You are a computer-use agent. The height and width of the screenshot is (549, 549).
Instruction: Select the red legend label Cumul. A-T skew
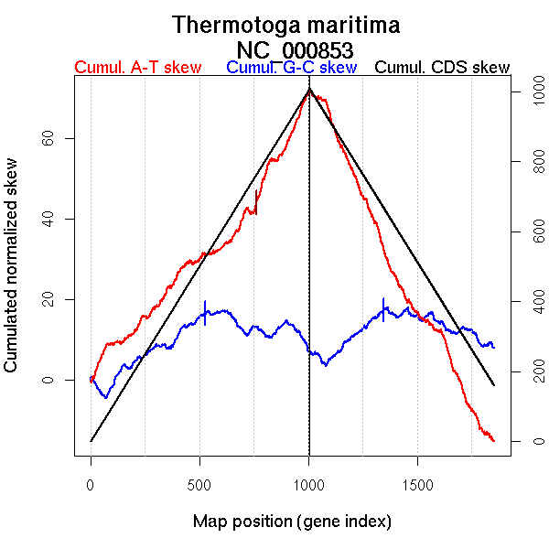[137, 68]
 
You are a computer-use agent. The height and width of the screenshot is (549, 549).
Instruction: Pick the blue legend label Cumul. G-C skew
[291, 68]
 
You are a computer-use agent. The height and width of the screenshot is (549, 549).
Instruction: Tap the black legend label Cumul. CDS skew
[443, 68]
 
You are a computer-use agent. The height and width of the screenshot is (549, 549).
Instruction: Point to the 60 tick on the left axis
[46, 138]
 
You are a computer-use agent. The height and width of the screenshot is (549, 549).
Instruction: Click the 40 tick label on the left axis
[46, 219]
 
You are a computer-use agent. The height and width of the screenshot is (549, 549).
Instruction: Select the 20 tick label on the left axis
[46, 299]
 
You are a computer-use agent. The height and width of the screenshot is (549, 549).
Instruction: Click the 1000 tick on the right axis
[529, 92]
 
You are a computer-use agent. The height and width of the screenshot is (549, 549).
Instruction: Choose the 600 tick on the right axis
[529, 232]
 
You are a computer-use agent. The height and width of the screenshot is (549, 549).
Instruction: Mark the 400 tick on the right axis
[529, 302]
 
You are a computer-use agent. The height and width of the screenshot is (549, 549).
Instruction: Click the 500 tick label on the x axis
[199, 482]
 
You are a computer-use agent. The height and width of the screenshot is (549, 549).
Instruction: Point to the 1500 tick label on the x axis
[417, 482]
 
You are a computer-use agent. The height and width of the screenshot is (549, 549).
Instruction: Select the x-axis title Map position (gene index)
[292, 522]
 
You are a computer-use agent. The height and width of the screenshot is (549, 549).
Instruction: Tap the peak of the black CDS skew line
[309, 90]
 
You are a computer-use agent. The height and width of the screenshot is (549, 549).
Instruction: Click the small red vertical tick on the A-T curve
[255, 202]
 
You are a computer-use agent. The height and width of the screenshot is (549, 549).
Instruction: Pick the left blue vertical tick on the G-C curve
[205, 312]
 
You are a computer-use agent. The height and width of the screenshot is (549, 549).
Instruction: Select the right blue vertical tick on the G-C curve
[382, 308]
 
